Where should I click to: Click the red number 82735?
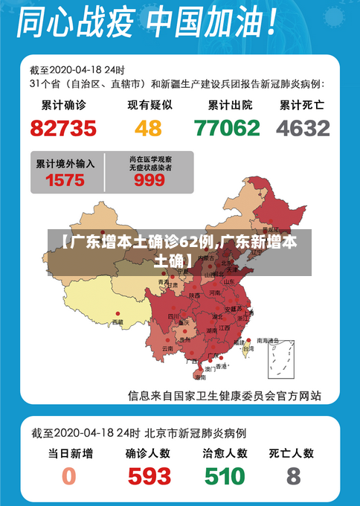63,128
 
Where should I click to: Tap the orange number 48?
148,128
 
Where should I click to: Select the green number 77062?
227,128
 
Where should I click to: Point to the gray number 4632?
303,128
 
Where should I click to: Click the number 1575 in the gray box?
65,179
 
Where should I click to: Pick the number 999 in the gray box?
150,180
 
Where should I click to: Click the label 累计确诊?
63,105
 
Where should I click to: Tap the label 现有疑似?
149,105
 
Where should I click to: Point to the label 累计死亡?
302,105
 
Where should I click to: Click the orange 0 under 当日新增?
69,475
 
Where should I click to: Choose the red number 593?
149,475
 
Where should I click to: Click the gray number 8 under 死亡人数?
294,475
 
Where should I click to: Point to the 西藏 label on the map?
118,322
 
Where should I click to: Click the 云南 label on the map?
168,348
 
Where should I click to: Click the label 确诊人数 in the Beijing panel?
148,452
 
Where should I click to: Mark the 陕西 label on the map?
194,295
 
